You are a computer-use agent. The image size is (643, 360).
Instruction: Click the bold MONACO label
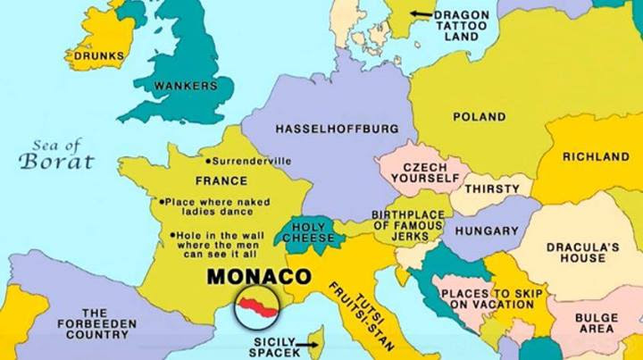(258, 276)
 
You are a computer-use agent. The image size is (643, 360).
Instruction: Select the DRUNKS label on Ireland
(98, 55)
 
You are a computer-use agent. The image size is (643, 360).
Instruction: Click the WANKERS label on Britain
(186, 86)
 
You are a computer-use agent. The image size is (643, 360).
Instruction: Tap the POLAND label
(479, 116)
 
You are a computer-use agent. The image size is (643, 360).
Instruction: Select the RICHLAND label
(596, 156)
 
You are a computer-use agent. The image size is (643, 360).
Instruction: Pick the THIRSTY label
(491, 188)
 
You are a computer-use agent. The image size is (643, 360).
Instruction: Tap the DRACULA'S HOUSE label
(576, 252)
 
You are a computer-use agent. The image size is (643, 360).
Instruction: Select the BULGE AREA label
(596, 323)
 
